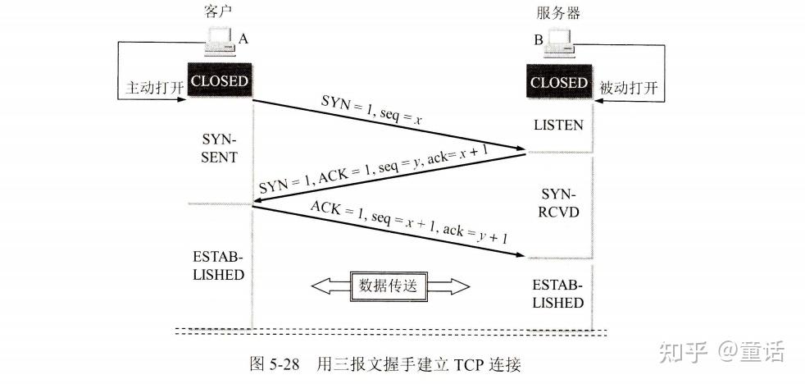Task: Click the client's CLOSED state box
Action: tap(219, 80)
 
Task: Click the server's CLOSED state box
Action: tap(558, 82)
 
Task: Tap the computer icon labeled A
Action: tap(221, 40)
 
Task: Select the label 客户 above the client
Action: tap(212, 11)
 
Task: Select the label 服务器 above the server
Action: tap(558, 12)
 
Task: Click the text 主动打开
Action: tap(155, 88)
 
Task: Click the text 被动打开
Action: tap(629, 88)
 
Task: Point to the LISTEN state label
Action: tap(558, 125)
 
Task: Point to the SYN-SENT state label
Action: tap(219, 148)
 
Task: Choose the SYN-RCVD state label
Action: tap(559, 203)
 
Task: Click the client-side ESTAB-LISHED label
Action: tap(219, 266)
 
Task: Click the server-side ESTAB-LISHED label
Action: tap(558, 294)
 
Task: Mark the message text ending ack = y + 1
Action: tap(409, 223)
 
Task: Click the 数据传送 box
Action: tap(388, 286)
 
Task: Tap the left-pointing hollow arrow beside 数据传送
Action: tap(331, 286)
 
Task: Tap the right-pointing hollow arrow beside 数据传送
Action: tap(448, 286)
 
